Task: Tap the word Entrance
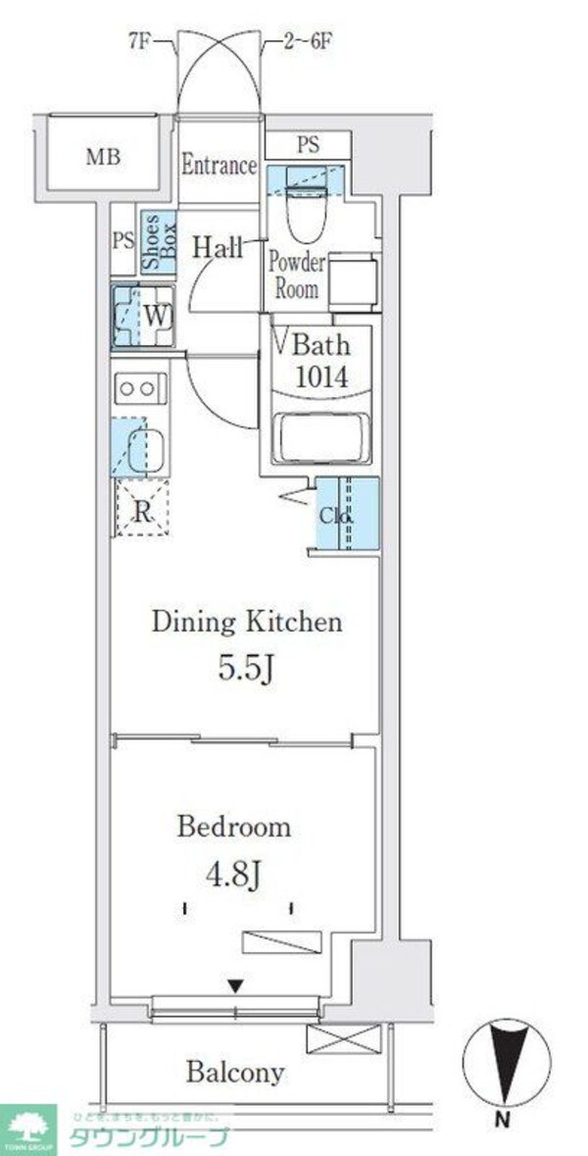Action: [219, 165]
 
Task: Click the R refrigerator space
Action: [142, 510]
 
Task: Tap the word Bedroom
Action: [233, 827]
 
